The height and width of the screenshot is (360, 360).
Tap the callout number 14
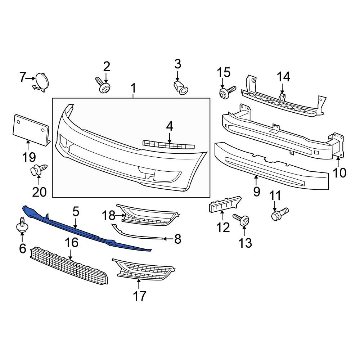(284, 77)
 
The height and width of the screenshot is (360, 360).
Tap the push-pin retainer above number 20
(39, 170)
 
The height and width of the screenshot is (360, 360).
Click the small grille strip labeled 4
(168, 144)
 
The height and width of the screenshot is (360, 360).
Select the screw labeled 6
(22, 225)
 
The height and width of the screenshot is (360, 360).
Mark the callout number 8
(178, 239)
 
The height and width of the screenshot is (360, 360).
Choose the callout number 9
(257, 192)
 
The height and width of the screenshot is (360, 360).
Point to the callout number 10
(339, 173)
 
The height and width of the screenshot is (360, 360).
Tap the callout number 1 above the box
(134, 88)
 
